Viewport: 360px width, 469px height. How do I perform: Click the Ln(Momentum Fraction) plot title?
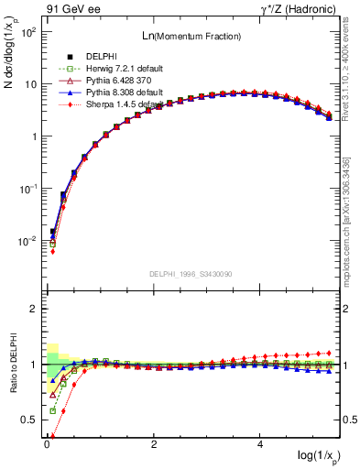[x=191, y=36]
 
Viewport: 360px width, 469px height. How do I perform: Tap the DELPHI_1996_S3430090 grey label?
[x=191, y=274]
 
